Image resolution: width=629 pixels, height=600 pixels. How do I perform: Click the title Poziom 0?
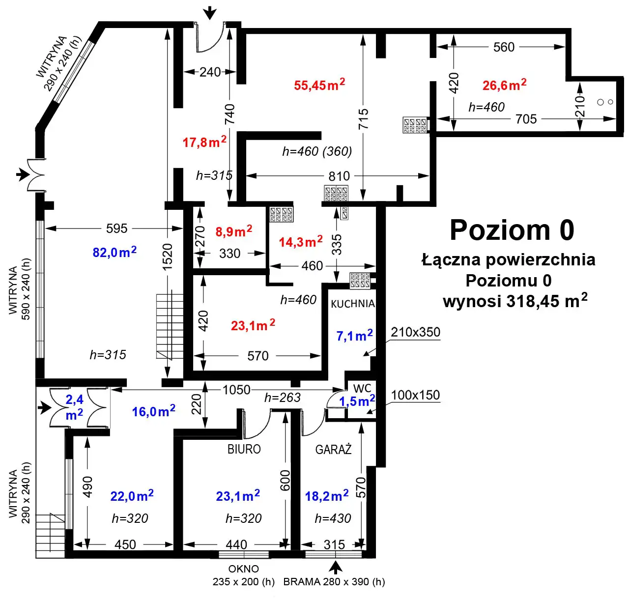click(512, 230)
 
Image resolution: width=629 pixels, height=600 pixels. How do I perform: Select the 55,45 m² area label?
click(319, 85)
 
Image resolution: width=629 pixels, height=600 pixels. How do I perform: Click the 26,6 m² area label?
click(504, 85)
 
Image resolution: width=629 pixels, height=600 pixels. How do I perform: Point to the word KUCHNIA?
click(352, 304)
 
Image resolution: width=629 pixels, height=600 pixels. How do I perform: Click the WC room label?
click(362, 389)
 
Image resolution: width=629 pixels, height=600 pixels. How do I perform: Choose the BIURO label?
click(244, 449)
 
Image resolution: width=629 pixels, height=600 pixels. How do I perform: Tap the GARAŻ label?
click(333, 449)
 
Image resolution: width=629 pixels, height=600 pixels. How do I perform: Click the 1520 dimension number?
click(168, 257)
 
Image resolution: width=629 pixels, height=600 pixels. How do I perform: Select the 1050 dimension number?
click(236, 390)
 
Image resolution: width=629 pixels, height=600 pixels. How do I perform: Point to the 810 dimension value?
click(339, 176)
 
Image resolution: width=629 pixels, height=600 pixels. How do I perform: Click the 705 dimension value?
click(526, 119)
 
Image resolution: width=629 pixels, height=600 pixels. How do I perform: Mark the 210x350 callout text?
click(415, 332)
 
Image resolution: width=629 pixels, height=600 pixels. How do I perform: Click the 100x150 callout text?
click(415, 395)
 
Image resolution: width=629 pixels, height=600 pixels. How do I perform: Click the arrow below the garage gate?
click(335, 568)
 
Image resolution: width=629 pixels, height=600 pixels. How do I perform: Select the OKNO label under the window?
click(243, 569)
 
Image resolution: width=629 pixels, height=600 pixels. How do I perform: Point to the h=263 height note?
click(283, 398)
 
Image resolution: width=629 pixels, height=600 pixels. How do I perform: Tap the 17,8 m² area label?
click(204, 142)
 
